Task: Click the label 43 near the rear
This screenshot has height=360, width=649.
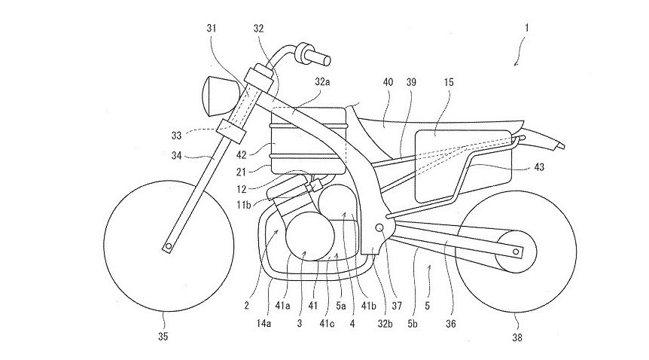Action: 543,166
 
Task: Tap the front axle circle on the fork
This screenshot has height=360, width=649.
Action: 171,245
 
